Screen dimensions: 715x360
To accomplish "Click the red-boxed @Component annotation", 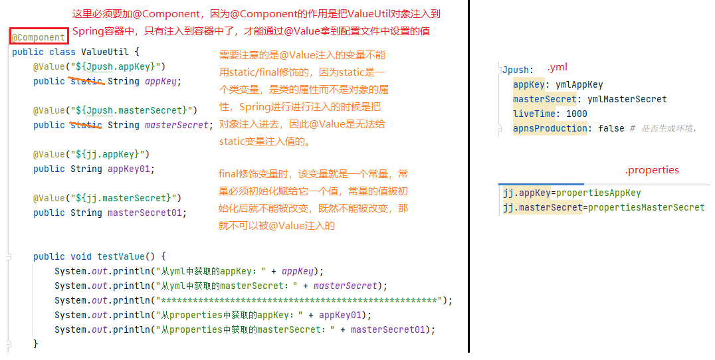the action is pyautogui.click(x=39, y=38).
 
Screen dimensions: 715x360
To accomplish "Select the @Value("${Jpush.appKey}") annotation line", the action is pyautogui.click(x=100, y=66).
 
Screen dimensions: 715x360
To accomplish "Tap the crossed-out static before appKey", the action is pyautogui.click(x=86, y=81).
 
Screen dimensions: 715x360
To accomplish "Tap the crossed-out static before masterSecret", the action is pyautogui.click(x=86, y=125).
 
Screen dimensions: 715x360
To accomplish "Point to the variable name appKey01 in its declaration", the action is pyautogui.click(x=131, y=169).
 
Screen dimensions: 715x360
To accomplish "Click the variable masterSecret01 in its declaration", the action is pyautogui.click(x=147, y=213).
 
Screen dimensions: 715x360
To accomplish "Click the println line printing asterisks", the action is pyautogui.click(x=253, y=300).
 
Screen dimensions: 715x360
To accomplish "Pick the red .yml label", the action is pyautogui.click(x=557, y=68).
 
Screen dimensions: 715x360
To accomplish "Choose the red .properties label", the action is pyautogui.click(x=652, y=170).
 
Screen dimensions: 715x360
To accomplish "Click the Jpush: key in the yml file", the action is pyautogui.click(x=517, y=70).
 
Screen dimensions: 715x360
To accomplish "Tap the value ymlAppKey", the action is pyautogui.click(x=579, y=84).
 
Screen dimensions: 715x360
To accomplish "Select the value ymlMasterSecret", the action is pyautogui.click(x=627, y=99).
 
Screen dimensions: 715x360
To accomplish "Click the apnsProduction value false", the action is pyautogui.click(x=611, y=128).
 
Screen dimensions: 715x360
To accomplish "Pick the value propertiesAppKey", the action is pyautogui.click(x=598, y=193).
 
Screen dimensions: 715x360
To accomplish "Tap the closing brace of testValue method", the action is pyautogui.click(x=36, y=344).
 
